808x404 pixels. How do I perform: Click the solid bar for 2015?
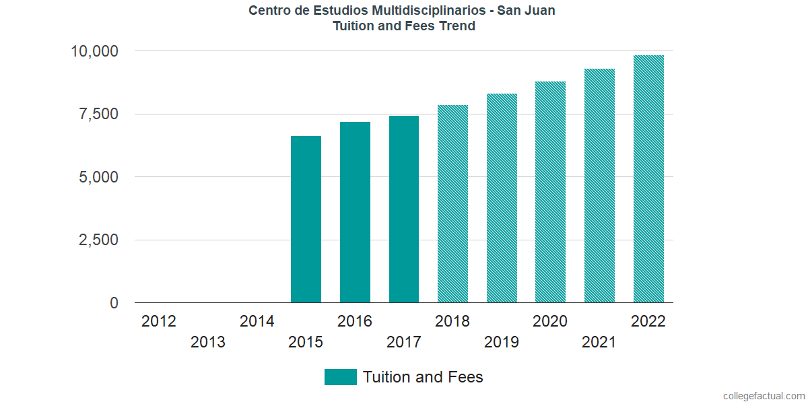[x=306, y=220]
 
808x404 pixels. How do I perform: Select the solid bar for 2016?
[x=355, y=212]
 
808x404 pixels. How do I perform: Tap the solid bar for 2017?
[x=404, y=209]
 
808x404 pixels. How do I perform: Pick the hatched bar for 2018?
[x=452, y=204]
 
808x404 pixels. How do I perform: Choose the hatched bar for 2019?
[x=502, y=198]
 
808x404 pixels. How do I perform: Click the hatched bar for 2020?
[x=550, y=192]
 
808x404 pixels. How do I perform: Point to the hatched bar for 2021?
[x=599, y=186]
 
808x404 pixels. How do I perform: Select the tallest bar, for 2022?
[x=648, y=179]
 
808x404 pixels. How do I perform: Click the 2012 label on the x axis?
[x=159, y=321]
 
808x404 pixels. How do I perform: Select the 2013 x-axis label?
[x=208, y=343]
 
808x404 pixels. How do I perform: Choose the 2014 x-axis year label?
[x=257, y=321]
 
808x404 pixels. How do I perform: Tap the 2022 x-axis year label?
[x=648, y=321]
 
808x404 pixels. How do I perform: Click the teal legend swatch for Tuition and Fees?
[x=340, y=377]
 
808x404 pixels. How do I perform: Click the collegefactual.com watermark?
[x=764, y=396]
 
